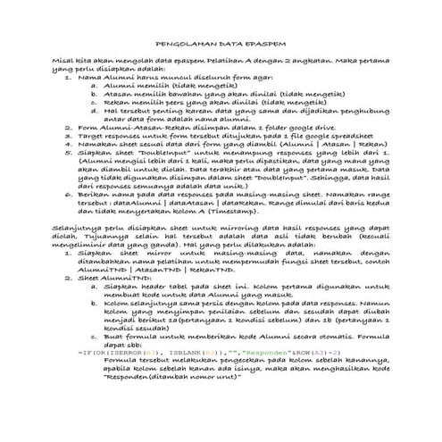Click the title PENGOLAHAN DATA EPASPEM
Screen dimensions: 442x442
click(221, 42)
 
